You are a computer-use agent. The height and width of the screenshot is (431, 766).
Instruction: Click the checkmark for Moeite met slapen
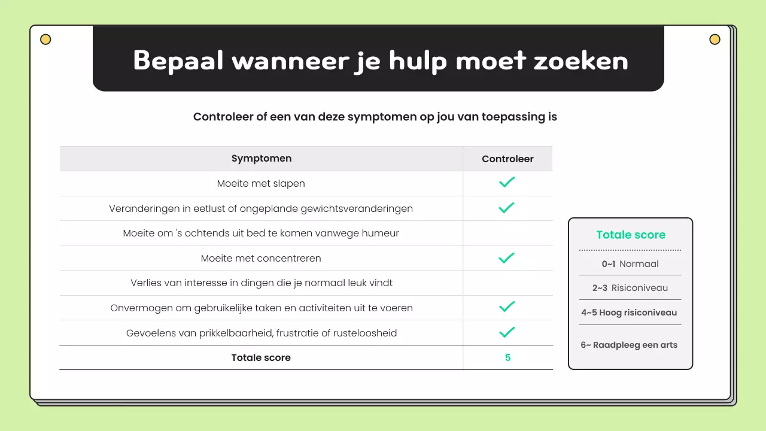(507, 183)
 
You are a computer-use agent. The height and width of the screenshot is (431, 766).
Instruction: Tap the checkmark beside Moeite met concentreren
(507, 258)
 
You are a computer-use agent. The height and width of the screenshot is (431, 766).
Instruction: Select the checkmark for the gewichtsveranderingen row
(507, 208)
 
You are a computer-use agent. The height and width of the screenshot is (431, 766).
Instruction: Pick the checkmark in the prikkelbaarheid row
(507, 332)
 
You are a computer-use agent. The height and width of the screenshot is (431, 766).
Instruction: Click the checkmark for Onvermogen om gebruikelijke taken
(507, 307)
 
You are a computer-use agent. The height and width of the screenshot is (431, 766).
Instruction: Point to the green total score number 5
(507, 357)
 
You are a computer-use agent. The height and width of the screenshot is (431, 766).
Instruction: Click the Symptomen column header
(262, 159)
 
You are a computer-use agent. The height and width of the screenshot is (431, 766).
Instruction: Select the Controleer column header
(507, 159)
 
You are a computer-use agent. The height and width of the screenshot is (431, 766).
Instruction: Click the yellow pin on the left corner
(45, 40)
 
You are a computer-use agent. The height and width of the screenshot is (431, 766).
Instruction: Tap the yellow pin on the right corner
(715, 40)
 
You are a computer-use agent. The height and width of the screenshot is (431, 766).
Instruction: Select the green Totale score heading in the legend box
(631, 235)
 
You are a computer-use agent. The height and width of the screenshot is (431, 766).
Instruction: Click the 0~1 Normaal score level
(630, 263)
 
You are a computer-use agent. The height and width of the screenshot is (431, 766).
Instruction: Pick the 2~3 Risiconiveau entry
(630, 288)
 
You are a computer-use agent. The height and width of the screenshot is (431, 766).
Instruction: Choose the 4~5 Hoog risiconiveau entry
(629, 312)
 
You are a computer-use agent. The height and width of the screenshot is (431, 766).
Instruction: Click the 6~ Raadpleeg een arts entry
(629, 345)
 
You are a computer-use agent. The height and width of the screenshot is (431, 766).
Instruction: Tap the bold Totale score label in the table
(261, 357)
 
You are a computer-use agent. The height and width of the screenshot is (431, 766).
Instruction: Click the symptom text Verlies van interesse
(262, 283)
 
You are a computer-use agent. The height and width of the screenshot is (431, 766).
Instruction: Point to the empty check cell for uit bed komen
(507, 233)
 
